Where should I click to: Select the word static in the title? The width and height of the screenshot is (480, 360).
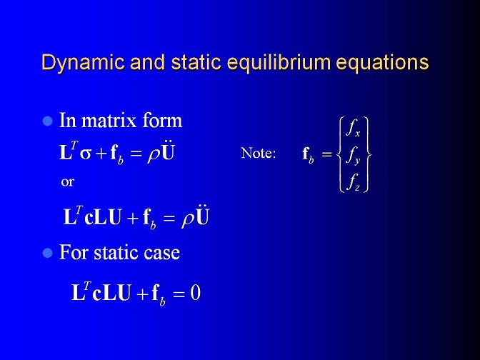[x=196, y=62]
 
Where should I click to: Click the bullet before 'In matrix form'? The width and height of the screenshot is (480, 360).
[x=47, y=121]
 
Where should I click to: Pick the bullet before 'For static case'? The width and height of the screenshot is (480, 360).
[x=47, y=253]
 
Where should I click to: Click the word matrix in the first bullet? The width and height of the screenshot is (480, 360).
[x=109, y=120]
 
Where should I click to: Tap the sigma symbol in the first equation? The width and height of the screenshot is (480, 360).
[x=86, y=154]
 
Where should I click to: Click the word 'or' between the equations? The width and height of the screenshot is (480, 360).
[x=67, y=182]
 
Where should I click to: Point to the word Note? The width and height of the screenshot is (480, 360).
[x=259, y=153]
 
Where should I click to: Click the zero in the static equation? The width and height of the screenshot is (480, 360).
[x=195, y=293]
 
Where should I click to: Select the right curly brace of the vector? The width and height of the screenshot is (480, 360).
[x=368, y=154]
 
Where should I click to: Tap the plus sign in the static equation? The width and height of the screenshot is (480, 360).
[x=142, y=294]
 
